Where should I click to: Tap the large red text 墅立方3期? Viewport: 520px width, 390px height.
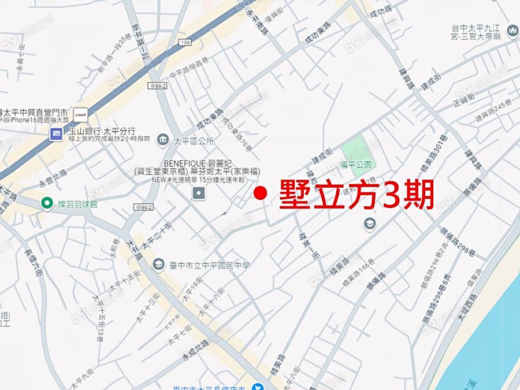point(356,195)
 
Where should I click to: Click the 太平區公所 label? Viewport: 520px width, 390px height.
point(194,140)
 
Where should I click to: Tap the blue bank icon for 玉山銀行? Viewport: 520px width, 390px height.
point(56,134)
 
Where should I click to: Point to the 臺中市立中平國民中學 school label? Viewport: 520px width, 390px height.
point(209,265)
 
